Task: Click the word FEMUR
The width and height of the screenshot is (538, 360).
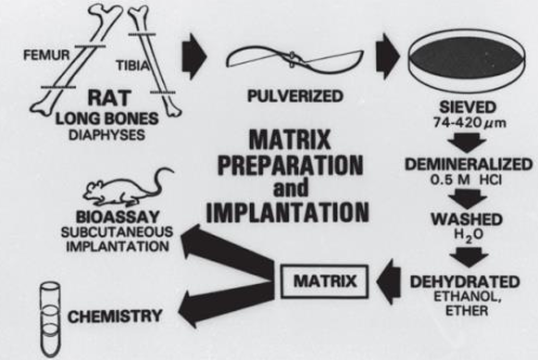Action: coord(46,55)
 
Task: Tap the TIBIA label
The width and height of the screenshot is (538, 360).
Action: coord(133,66)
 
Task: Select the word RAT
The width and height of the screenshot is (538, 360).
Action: coord(109,98)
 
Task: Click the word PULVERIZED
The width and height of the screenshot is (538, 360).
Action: coord(295,96)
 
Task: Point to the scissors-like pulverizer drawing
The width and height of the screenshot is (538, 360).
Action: coord(294,59)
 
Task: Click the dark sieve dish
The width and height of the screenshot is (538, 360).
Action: coord(468,60)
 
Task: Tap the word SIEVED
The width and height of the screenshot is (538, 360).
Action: coord(468,107)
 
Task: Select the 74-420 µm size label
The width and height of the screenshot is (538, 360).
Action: coord(469,122)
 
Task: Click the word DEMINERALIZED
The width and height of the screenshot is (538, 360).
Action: coord(469,164)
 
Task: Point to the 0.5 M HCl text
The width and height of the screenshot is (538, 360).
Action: coord(466,180)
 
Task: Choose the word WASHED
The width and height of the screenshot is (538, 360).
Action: coord(467,219)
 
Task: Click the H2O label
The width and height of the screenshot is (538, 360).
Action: coord(469,235)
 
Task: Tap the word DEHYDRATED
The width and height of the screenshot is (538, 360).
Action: coord(465,282)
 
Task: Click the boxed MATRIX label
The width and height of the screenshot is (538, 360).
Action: coord(325,281)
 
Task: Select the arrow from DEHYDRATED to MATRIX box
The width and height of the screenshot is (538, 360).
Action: coord(389,281)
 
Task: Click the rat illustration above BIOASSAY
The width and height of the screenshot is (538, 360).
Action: coord(128,188)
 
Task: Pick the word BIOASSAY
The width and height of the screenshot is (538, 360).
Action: coord(118,217)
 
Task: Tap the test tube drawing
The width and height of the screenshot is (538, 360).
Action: coord(50,319)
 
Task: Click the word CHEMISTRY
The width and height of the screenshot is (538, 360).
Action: coord(115,317)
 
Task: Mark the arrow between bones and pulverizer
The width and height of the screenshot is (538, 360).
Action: coord(194,56)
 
